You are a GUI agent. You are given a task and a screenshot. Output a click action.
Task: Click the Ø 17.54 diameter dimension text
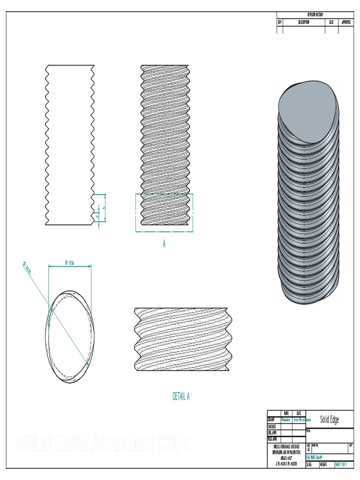(x=70, y=263)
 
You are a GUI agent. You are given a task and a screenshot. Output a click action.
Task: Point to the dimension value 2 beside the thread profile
(x=97, y=217)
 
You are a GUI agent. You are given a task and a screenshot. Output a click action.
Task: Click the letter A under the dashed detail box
(x=164, y=244)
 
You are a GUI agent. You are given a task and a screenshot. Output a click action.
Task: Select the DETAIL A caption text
(x=181, y=397)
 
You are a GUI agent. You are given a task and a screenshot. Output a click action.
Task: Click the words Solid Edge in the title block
(x=329, y=419)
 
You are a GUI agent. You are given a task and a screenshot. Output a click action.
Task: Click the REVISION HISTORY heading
(x=315, y=15)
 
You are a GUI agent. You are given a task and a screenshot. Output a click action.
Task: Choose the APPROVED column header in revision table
(x=346, y=22)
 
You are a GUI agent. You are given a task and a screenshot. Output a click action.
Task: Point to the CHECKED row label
(x=272, y=427)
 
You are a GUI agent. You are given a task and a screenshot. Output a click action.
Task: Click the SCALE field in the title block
(x=309, y=465)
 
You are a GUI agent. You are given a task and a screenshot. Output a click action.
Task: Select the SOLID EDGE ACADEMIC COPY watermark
(x=103, y=443)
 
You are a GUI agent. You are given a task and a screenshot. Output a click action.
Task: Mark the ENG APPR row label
(x=272, y=433)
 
